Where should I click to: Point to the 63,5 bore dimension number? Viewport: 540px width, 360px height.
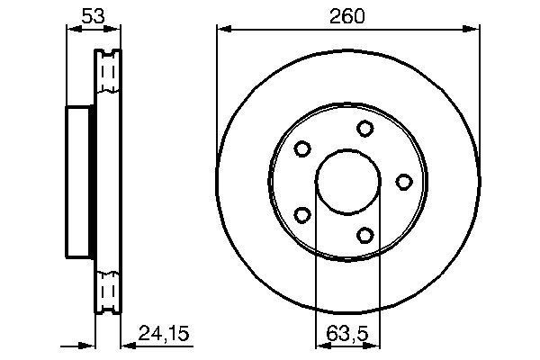pyautogui.click(x=346, y=335)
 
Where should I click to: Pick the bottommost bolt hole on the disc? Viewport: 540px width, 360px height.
pyautogui.click(x=364, y=236)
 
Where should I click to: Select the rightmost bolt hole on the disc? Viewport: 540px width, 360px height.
pyautogui.click(x=404, y=182)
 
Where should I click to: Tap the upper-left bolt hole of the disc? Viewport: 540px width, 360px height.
pyautogui.click(x=302, y=148)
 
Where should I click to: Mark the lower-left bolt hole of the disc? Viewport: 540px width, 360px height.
pyautogui.click(x=302, y=215)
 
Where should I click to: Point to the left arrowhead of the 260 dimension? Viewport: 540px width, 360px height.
pyautogui.click(x=221, y=30)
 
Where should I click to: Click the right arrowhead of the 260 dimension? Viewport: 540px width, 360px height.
pyautogui.click(x=472, y=30)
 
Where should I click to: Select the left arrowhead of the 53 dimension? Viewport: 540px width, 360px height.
pyautogui.click(x=71, y=30)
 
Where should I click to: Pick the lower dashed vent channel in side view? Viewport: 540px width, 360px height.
pyautogui.click(x=108, y=290)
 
